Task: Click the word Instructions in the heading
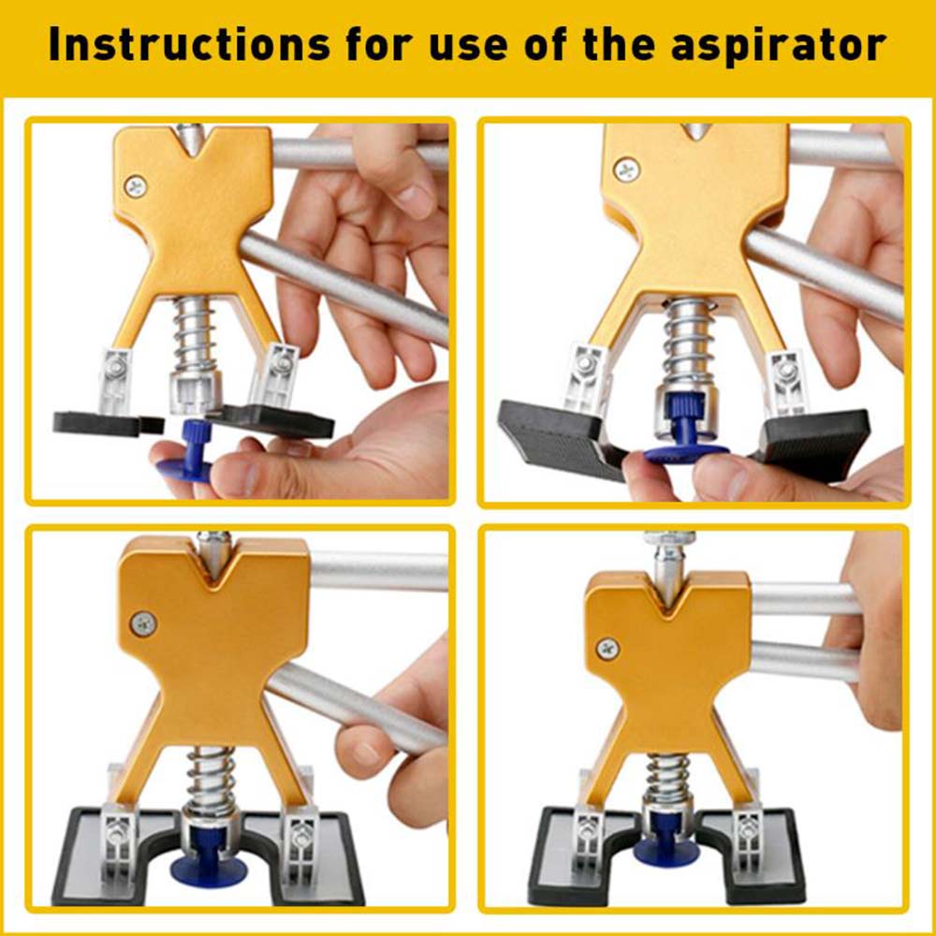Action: (x=189, y=44)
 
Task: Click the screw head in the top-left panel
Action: (x=136, y=187)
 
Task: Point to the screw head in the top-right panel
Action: (x=627, y=170)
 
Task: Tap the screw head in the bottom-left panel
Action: (x=144, y=624)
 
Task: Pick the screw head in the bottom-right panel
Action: (x=607, y=648)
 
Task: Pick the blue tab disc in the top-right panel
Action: (x=686, y=454)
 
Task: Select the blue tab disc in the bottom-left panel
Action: (x=207, y=870)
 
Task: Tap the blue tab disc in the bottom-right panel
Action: (x=666, y=854)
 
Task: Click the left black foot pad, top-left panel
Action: (x=108, y=423)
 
